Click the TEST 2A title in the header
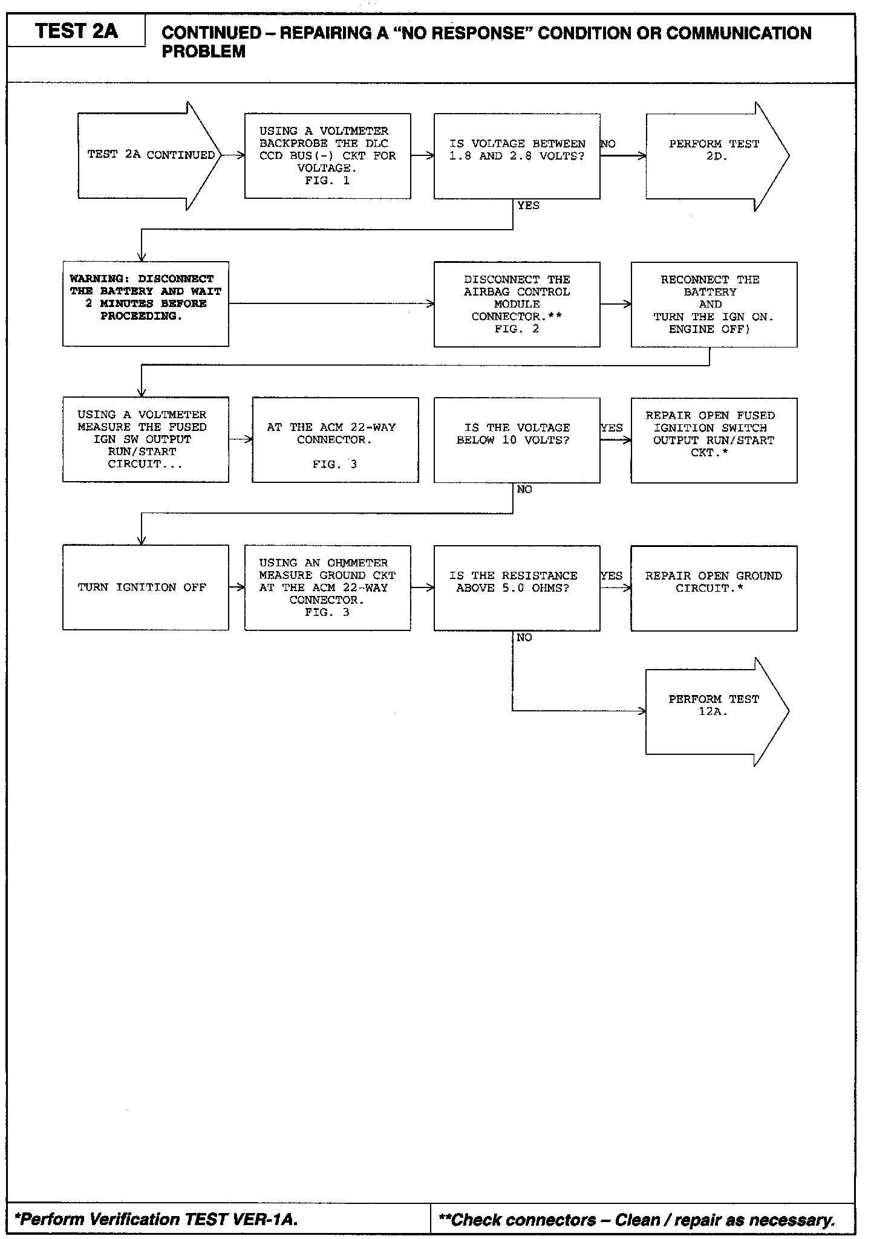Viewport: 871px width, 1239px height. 76,31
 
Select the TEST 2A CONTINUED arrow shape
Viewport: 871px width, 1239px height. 150,155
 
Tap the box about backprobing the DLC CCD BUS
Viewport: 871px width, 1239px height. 327,156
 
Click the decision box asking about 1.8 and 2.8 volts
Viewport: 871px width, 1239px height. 517,156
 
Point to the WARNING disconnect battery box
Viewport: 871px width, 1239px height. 145,303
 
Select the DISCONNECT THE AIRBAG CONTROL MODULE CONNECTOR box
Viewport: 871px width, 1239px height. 517,304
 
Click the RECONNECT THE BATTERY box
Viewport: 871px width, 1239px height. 714,304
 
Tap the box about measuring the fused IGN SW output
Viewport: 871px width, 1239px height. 145,439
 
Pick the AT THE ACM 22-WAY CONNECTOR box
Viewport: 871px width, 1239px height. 334,439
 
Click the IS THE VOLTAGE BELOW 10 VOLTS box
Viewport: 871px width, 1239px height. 517,440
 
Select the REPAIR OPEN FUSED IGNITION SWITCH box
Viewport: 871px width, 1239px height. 714,440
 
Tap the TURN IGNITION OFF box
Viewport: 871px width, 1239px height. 145,587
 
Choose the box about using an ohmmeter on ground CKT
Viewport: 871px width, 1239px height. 327,587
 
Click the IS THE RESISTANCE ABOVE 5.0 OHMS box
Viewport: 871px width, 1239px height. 517,587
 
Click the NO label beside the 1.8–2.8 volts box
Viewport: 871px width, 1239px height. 608,144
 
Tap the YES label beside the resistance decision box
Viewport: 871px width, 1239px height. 612,575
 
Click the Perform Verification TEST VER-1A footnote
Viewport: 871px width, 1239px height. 157,1219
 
